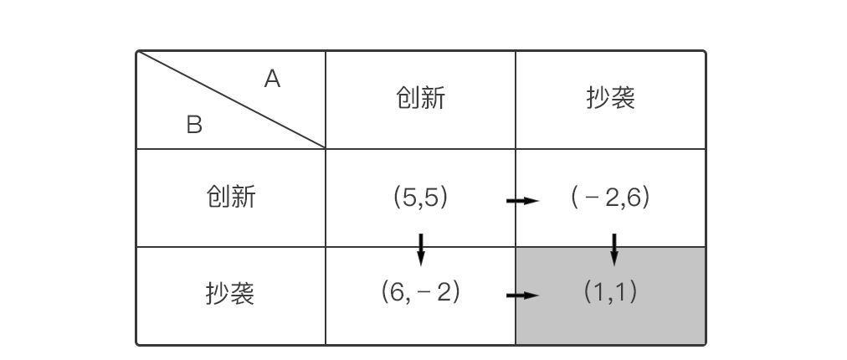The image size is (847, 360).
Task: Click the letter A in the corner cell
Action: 272,80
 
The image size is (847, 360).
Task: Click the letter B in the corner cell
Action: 194,126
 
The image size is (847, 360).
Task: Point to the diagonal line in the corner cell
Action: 231,100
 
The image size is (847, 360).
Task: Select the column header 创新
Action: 420,99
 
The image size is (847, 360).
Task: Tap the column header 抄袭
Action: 610,99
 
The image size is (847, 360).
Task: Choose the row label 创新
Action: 230,197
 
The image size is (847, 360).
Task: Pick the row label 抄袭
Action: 230,294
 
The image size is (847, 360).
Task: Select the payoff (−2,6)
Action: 610,198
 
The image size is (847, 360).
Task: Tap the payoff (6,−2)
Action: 420,292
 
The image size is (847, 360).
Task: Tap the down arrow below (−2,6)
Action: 614,249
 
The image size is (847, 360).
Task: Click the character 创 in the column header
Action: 408,99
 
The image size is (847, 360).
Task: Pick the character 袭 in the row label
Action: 243,294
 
